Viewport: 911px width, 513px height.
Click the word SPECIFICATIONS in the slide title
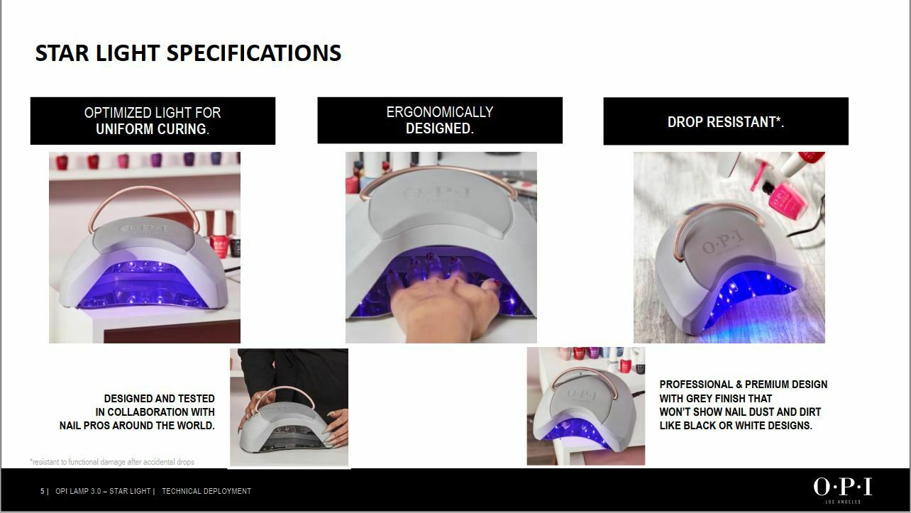(254, 53)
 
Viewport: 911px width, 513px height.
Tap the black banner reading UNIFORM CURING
(153, 121)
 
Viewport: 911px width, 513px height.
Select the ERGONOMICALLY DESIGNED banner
(440, 121)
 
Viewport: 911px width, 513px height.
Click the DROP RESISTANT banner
(726, 121)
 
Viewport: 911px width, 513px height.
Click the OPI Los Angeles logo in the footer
(842, 490)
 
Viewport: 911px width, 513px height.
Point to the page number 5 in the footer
(43, 491)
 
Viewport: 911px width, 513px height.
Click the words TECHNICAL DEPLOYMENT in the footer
(206, 491)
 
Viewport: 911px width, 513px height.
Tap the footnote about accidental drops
(112, 462)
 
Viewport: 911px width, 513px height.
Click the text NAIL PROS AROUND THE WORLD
(137, 426)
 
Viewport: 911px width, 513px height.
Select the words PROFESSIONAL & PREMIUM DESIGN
(743, 385)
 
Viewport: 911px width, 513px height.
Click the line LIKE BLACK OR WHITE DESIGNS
(735, 426)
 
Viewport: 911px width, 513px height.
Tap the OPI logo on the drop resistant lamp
(723, 242)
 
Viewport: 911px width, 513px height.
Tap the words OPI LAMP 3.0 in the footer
(78, 491)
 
